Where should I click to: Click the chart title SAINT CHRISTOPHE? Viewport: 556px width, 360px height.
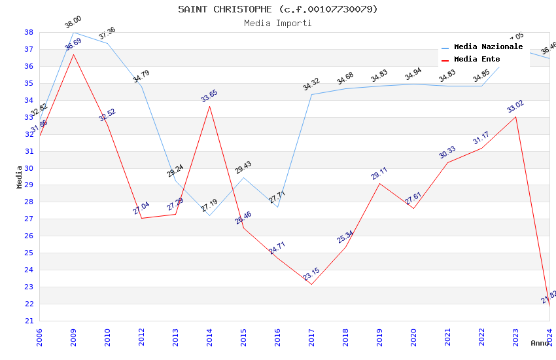point(278,9)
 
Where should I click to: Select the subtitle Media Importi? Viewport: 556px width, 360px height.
point(278,23)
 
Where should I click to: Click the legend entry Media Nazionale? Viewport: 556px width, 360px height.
point(488,46)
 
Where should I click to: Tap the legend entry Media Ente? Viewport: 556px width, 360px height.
point(477,59)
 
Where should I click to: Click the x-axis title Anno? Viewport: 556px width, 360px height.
point(540,342)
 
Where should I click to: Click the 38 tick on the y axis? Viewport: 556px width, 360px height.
point(29,32)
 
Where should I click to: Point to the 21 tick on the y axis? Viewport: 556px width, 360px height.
point(29,321)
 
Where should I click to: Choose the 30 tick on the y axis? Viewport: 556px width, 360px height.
point(29,168)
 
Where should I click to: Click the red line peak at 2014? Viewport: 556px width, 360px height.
point(209,106)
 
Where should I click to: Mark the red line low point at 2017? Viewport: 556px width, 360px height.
point(311,284)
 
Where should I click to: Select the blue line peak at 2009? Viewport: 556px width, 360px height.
point(73,32)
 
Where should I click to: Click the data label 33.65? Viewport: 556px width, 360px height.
point(209,96)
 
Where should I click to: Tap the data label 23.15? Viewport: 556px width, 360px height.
point(311,274)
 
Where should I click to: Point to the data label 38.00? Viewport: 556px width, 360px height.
point(73,22)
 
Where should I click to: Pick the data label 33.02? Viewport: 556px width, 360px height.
point(515,107)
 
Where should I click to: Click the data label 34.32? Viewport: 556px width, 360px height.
point(311,84)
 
